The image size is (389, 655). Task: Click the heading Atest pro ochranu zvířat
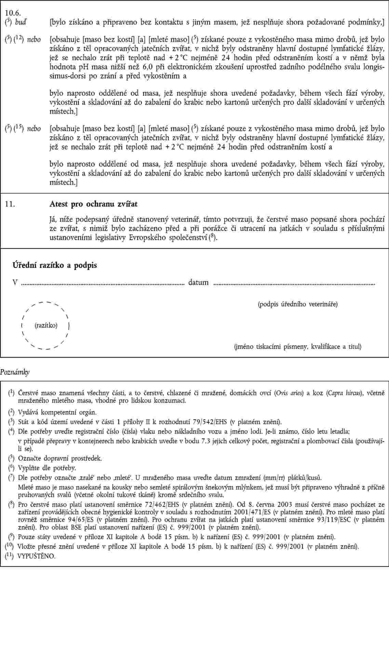(x=93, y=204)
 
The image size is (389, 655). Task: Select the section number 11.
(x=9, y=204)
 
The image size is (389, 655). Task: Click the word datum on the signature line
(x=198, y=282)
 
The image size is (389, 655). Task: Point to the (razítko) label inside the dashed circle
(x=46, y=325)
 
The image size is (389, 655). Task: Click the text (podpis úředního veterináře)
(x=297, y=304)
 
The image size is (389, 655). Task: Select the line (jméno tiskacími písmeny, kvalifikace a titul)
(x=297, y=346)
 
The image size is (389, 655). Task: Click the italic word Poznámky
(x=15, y=372)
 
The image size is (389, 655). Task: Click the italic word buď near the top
(x=21, y=23)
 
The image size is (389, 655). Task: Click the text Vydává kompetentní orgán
(x=57, y=412)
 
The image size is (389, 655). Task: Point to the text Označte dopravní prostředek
(x=60, y=458)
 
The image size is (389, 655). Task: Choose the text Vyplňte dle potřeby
(x=47, y=467)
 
